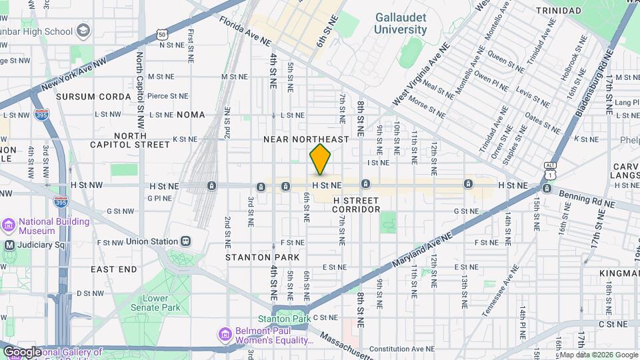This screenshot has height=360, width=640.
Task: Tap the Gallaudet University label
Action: click(x=400, y=23)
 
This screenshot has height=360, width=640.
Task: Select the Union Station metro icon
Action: click(x=186, y=241)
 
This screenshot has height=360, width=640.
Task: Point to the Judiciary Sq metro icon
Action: click(x=9, y=245)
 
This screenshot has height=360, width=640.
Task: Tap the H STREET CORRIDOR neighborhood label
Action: click(x=356, y=205)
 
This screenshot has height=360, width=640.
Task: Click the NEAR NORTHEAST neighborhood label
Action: click(x=306, y=139)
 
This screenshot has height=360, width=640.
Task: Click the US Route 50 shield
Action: click(x=163, y=34)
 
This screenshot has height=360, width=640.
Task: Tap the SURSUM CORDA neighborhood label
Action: click(x=93, y=97)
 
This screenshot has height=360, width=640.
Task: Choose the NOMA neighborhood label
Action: click(x=191, y=115)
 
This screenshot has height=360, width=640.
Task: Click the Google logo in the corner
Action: click(x=22, y=352)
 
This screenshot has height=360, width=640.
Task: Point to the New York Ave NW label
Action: click(x=73, y=75)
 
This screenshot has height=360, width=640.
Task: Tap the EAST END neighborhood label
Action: click(x=116, y=269)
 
